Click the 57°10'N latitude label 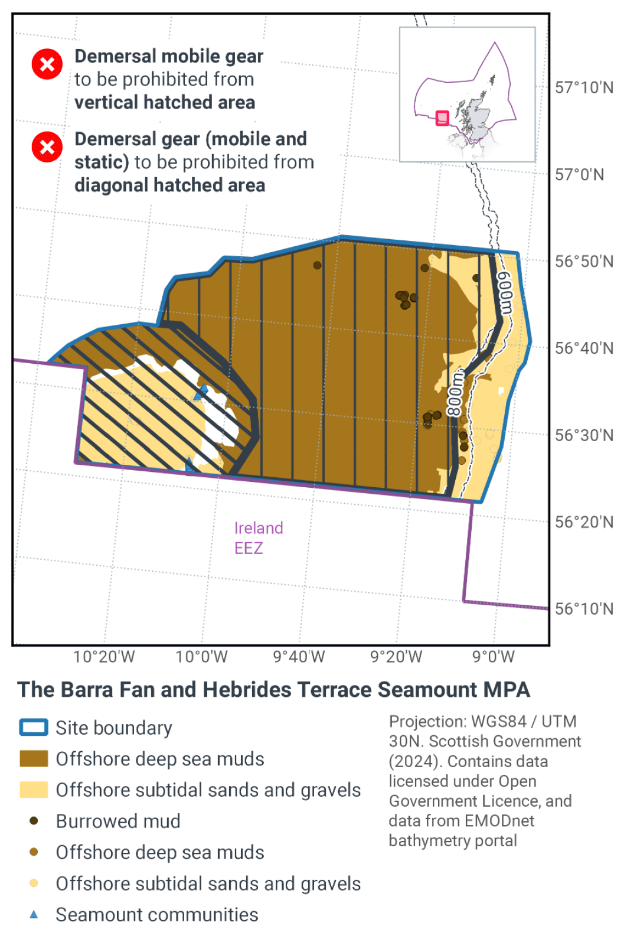(x=583, y=88)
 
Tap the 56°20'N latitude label (x=583, y=522)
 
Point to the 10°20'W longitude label (x=104, y=657)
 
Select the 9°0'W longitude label (x=494, y=657)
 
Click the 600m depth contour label (x=505, y=293)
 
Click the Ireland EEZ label (x=258, y=538)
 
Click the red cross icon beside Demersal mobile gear (x=47, y=64)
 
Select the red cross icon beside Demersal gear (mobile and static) (x=47, y=147)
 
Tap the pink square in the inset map (x=442, y=118)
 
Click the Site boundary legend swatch (x=34, y=728)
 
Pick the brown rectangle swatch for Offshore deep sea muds (x=34, y=759)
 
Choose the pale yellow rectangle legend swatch (x=34, y=790)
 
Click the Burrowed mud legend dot (x=34, y=821)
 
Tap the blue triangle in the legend (x=34, y=915)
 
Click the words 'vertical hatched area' (x=165, y=102)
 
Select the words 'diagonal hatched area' (x=169, y=185)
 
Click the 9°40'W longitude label (x=299, y=657)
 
